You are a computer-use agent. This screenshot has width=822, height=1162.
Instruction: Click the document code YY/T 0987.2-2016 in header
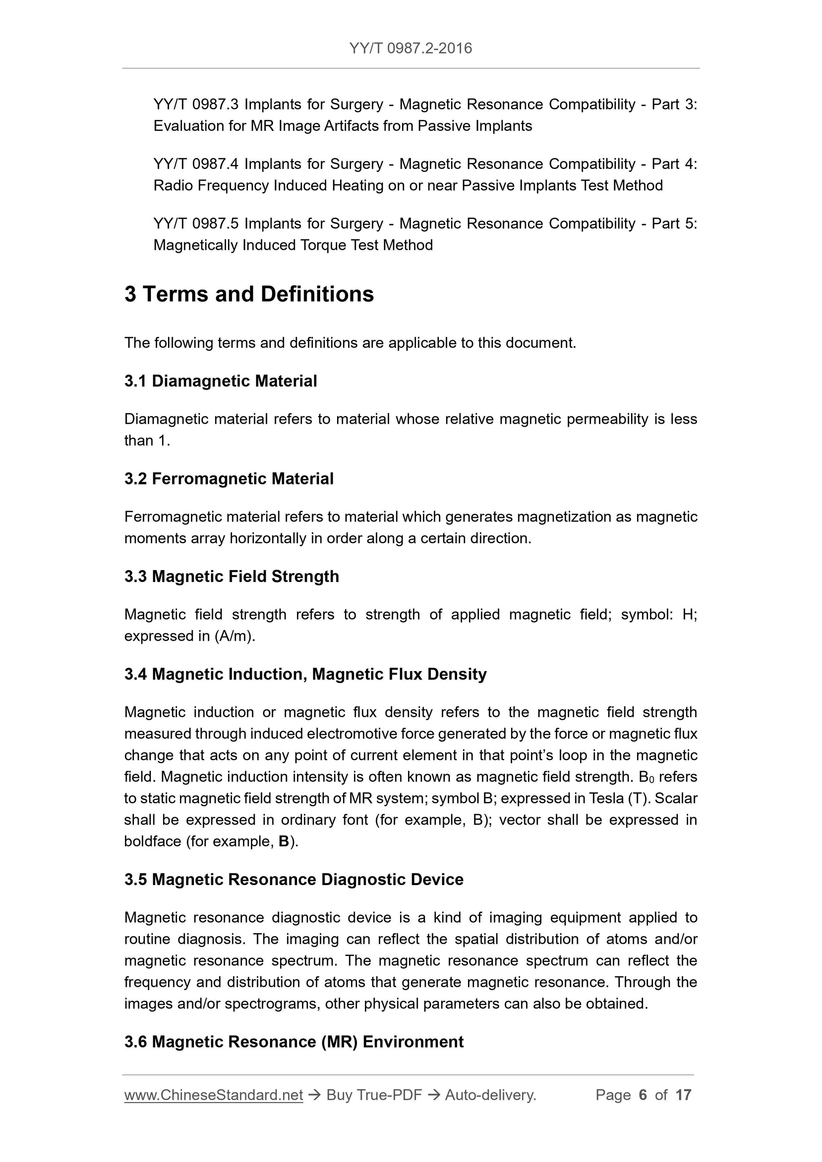410,48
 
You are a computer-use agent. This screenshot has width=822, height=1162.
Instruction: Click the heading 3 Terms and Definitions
249,294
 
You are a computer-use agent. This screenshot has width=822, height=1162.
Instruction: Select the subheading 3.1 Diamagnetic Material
220,381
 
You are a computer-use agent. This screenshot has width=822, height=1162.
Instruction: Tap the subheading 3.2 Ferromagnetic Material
229,479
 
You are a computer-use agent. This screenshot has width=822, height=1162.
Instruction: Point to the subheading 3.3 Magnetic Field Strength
231,577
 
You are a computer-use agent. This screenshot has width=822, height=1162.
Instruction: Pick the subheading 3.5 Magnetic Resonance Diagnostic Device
294,880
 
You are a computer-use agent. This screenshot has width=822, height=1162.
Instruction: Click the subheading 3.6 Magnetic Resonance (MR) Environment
294,1042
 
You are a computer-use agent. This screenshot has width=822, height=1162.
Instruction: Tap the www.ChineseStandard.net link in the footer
213,1095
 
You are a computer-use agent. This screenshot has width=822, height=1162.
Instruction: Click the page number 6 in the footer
643,1095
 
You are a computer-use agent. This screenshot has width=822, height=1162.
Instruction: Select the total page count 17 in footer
683,1095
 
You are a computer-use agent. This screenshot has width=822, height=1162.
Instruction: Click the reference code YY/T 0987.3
196,104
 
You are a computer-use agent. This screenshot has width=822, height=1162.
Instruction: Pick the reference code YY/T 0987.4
196,164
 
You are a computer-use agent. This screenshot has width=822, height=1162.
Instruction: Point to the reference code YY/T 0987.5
196,224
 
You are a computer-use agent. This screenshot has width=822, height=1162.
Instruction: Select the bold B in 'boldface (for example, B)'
283,842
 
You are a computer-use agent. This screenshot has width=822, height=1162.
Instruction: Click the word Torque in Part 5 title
323,246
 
